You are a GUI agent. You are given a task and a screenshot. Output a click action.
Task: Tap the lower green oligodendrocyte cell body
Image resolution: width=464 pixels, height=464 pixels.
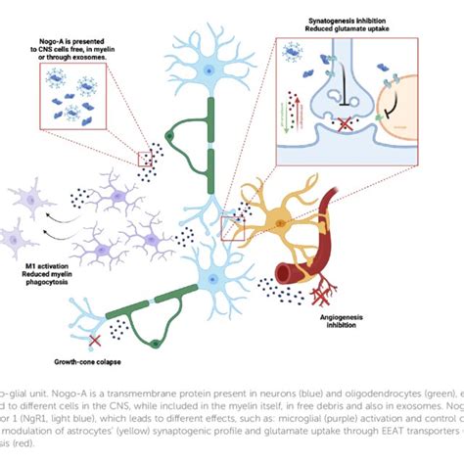tap(153, 339)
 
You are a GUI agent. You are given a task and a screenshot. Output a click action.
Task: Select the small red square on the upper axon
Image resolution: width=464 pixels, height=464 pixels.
tap(145, 159)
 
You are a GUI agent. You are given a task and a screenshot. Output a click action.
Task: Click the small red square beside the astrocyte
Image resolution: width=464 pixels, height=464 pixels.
tap(233, 228)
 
